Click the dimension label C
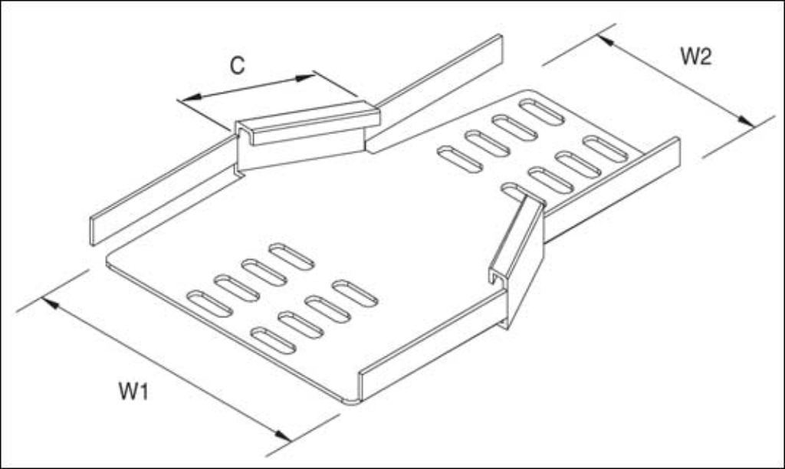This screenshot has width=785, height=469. (238, 66)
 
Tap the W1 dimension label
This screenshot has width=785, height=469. (133, 391)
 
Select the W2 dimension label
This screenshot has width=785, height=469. (696, 56)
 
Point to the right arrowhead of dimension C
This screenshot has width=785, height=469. (305, 77)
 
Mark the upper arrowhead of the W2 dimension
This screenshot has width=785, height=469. (606, 40)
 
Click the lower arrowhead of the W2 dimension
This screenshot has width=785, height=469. (745, 120)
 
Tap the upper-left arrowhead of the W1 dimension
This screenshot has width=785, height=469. (50, 303)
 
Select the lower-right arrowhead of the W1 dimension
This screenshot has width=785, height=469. (283, 436)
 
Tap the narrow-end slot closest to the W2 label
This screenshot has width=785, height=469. (606, 149)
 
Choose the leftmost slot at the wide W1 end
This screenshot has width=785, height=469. (209, 303)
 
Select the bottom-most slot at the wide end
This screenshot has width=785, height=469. (274, 340)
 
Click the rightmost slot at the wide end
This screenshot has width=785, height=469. (356, 294)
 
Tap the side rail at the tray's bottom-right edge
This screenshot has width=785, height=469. (432, 346)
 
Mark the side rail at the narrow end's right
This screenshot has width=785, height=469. (612, 190)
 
